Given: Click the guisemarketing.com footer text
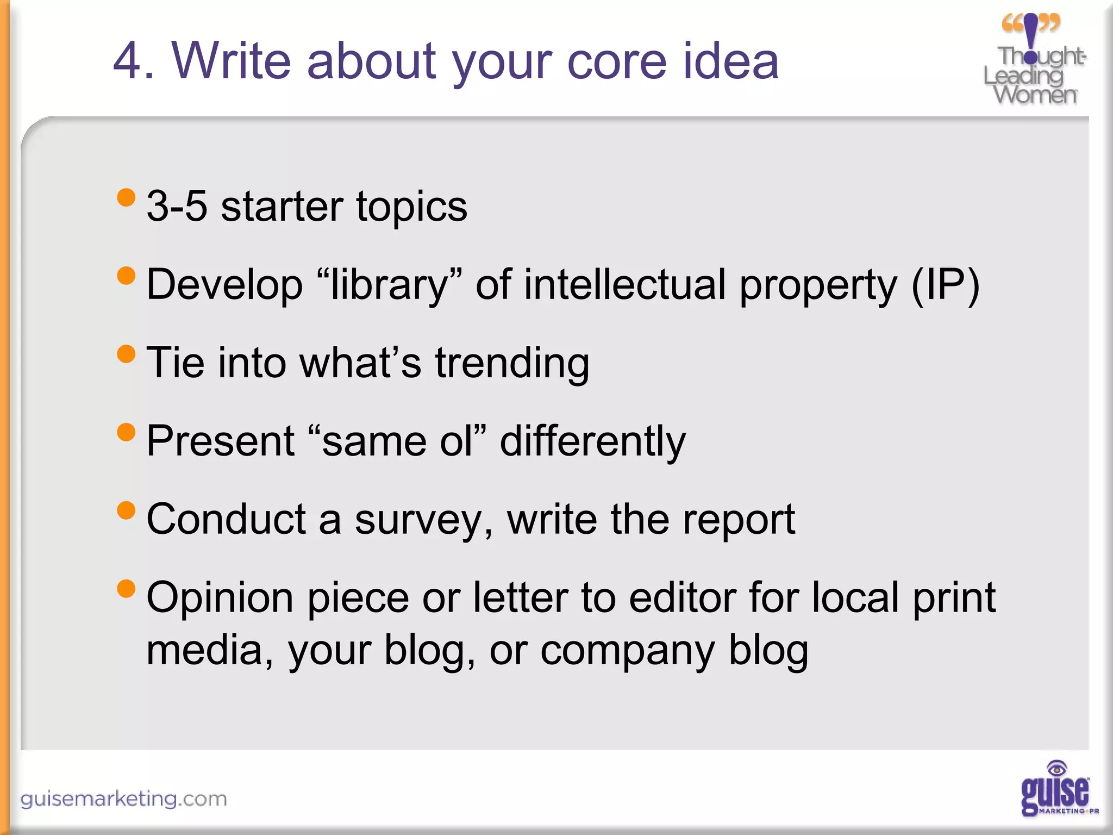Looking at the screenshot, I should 123,799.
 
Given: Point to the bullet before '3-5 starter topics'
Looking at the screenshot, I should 126,197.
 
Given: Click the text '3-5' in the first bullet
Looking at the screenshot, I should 177,207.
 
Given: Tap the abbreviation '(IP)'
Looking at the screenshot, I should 945,285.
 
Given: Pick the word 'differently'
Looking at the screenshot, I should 592,441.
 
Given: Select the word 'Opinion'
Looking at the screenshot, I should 221,598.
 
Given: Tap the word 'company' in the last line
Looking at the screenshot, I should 627,650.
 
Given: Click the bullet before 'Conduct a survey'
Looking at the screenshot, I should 126,510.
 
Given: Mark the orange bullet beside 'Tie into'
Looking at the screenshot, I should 126,354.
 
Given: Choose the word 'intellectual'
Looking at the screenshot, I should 625,285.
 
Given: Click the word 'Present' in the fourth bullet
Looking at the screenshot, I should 220,441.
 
